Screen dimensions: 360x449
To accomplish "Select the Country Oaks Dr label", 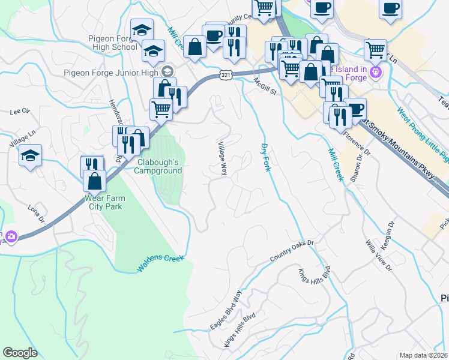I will (292, 251).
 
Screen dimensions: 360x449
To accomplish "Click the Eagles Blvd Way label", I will (226, 310).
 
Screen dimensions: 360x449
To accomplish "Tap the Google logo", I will (20, 353).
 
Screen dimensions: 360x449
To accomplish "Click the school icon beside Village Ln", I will (30, 156).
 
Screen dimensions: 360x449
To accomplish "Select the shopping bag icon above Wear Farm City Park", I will (94, 181).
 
